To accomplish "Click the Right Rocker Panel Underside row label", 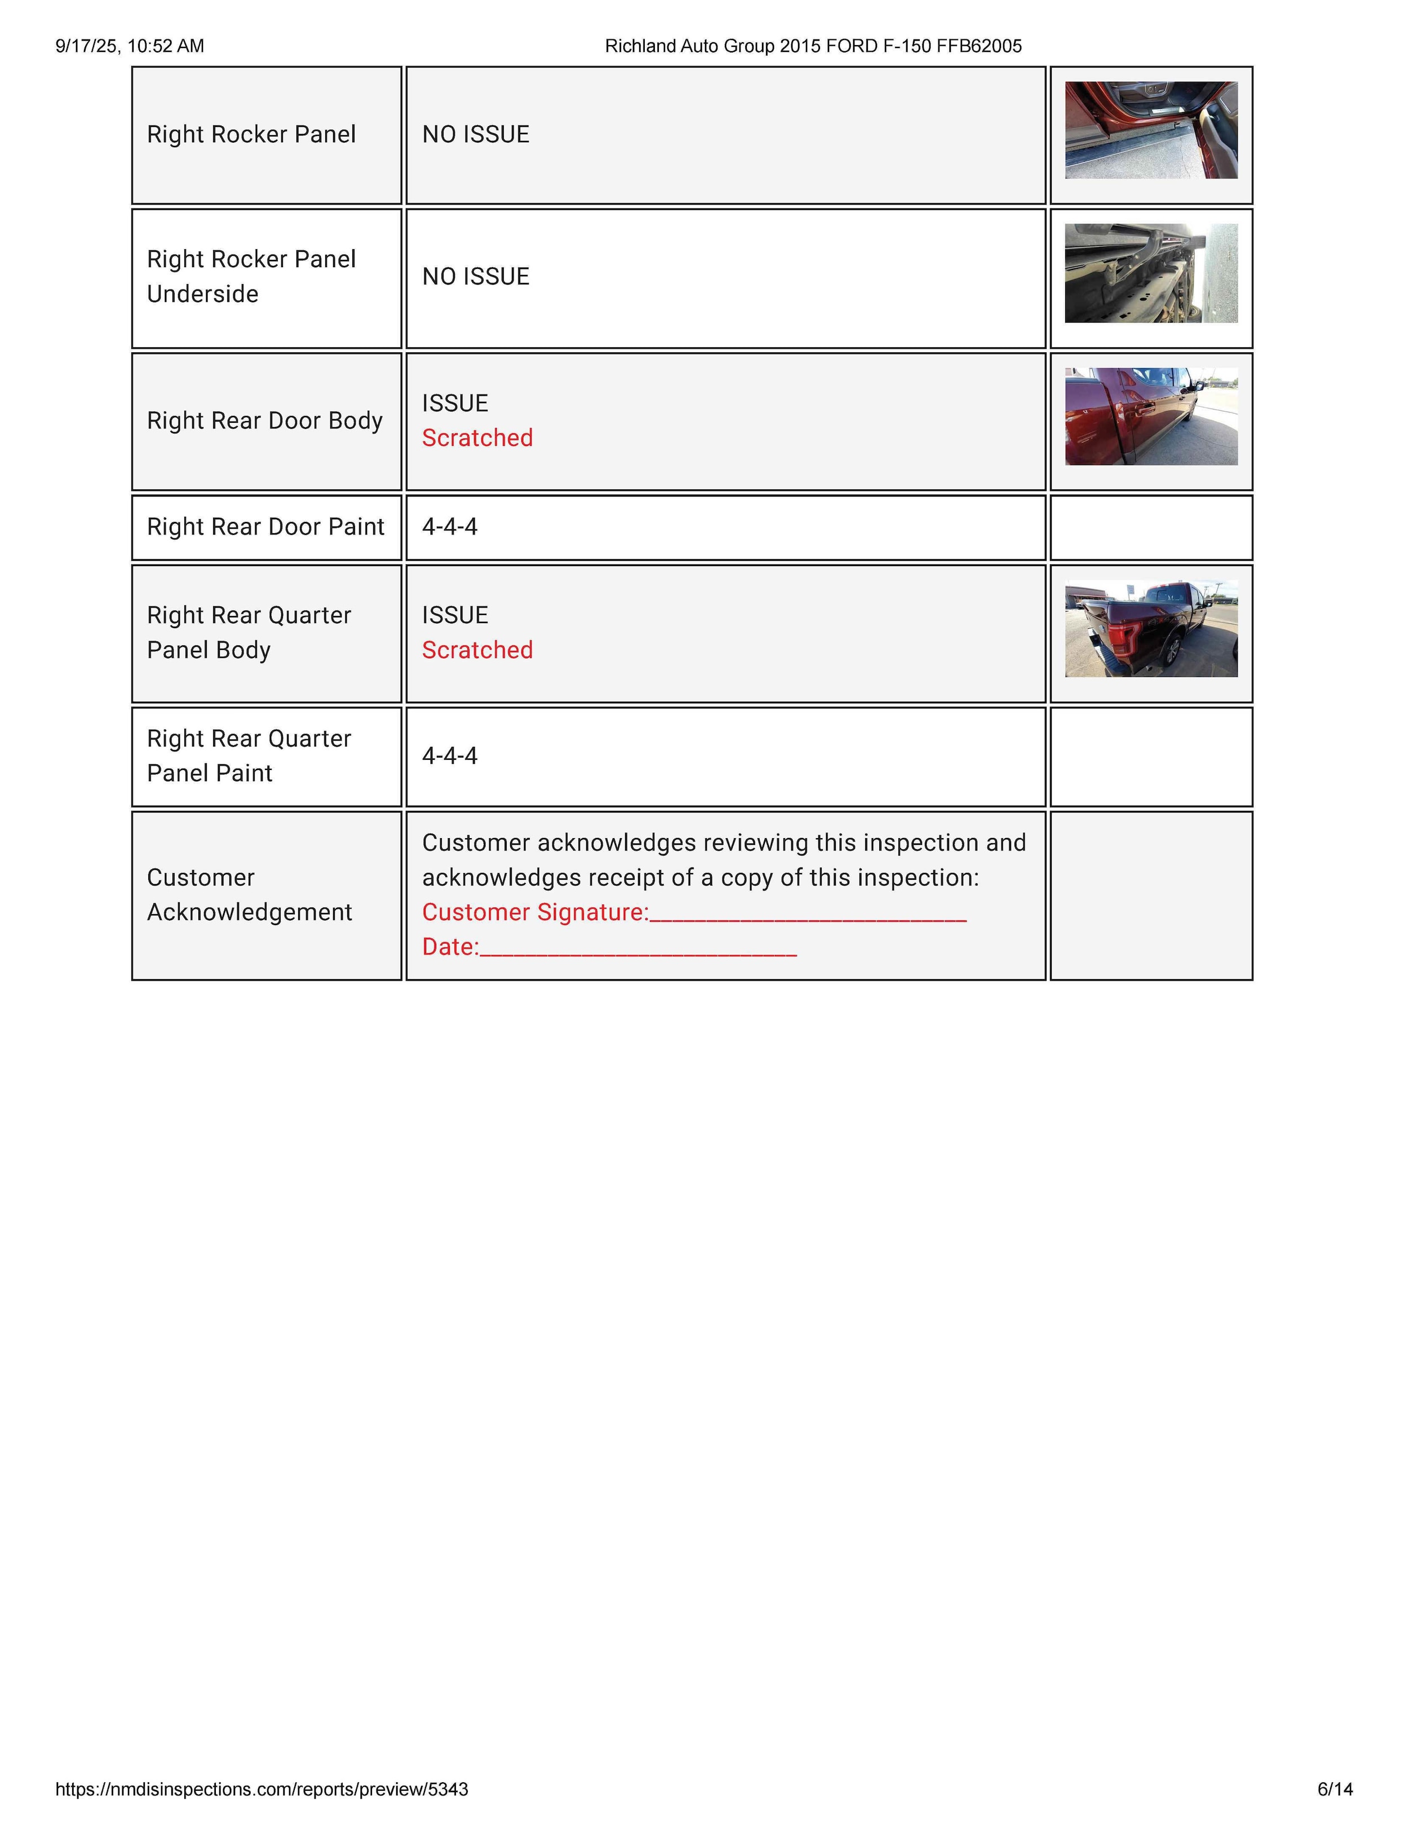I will tap(251, 276).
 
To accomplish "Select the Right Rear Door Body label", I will tap(264, 420).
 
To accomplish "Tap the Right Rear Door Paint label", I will tap(265, 527).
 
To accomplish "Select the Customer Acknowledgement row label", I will tap(249, 895).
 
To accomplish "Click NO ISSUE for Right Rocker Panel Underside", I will tap(476, 277).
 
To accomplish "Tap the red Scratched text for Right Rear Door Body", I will tap(477, 438).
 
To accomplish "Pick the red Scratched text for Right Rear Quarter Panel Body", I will tap(477, 650).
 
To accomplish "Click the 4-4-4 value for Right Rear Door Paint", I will tap(450, 527).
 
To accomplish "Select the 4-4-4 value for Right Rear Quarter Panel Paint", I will tap(450, 756).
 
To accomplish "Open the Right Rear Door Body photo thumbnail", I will tap(1151, 417).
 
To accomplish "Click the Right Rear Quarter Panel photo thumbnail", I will tap(1151, 629).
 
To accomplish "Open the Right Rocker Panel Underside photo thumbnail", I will tap(1151, 273).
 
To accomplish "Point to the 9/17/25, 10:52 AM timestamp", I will tap(130, 46).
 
